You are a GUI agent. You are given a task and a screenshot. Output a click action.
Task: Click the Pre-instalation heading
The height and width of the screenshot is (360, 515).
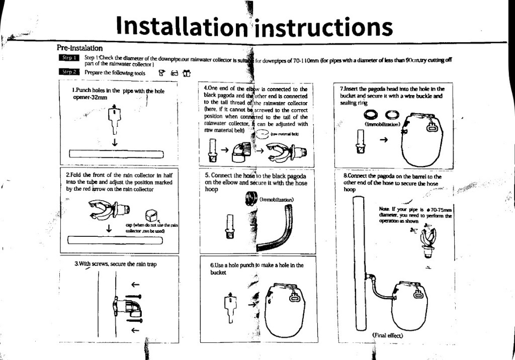point(80,47)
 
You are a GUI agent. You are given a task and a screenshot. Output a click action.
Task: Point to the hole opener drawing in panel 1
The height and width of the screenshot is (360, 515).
point(115,121)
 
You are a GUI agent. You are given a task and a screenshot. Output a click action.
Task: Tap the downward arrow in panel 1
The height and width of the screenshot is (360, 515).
point(115,142)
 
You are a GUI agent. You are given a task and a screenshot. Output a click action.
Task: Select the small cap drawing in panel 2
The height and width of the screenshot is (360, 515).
point(153,215)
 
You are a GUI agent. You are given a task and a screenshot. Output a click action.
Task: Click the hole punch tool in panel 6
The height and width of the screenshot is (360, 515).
point(228,307)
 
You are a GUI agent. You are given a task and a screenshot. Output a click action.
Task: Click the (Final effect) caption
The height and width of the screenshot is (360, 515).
point(388,335)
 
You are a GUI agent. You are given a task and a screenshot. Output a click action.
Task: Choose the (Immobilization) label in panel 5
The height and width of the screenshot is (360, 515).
point(276,200)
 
